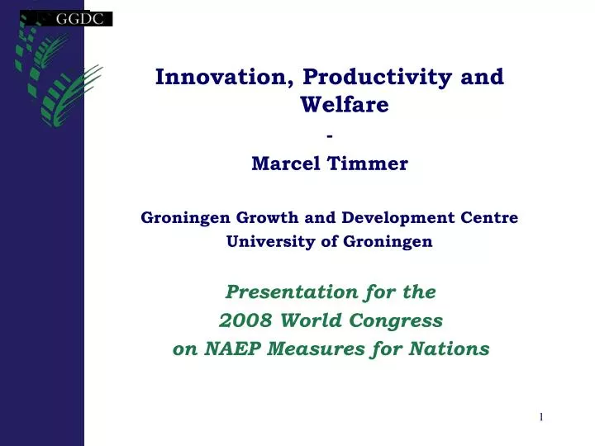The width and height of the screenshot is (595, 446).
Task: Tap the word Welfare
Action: tap(345, 105)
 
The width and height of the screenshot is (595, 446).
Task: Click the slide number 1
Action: tap(541, 418)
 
